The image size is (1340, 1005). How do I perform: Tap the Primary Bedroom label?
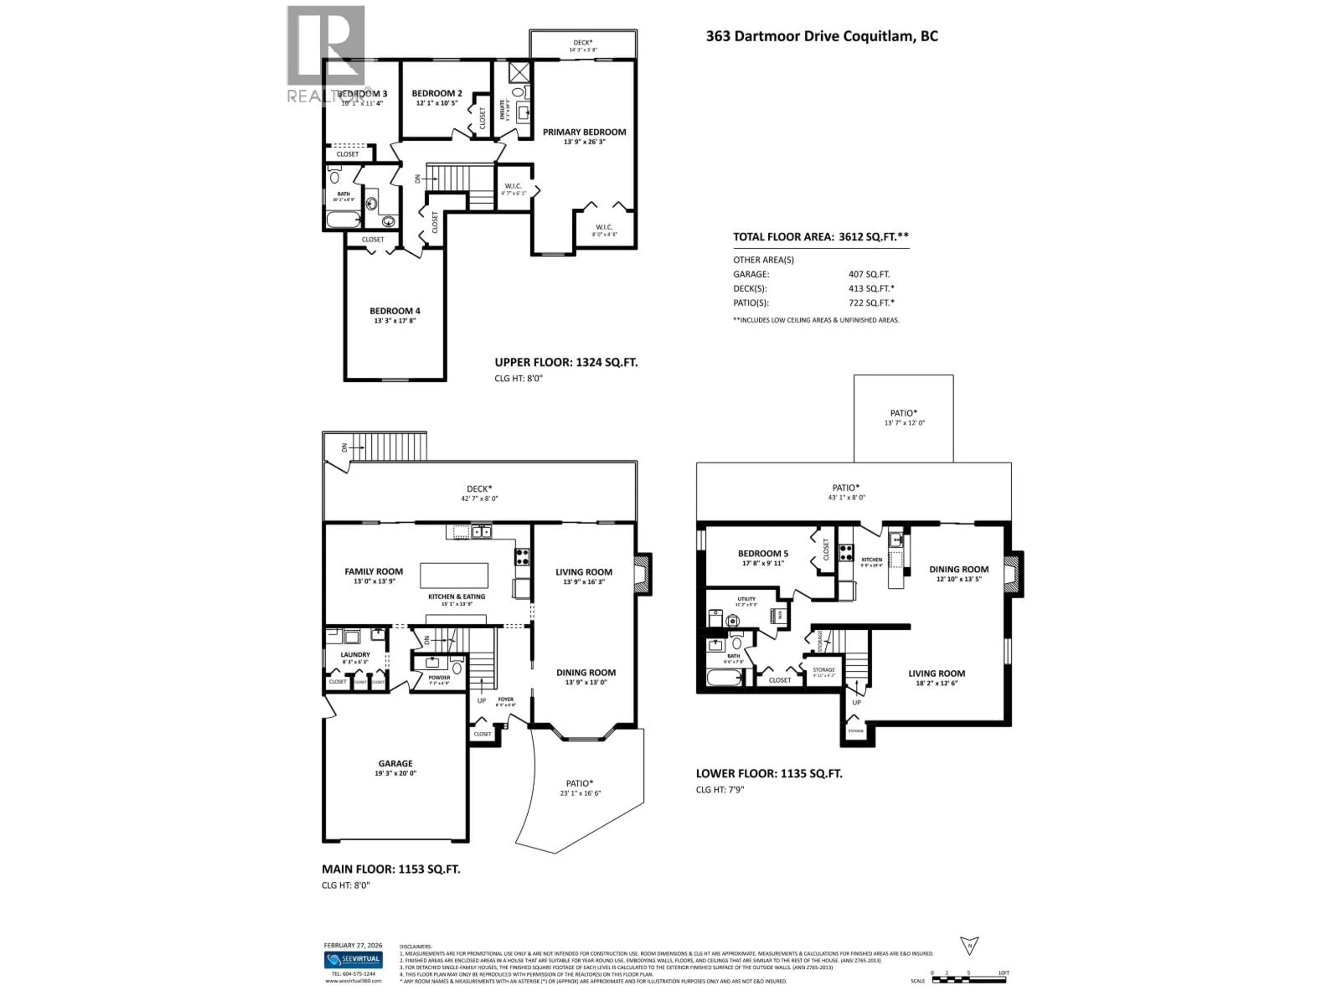click(x=584, y=132)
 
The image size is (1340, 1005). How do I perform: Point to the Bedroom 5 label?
click(x=763, y=553)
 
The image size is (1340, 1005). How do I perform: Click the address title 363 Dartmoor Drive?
click(x=821, y=36)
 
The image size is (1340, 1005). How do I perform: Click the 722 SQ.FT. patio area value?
click(x=871, y=303)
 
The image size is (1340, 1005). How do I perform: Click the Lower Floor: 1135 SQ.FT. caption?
click(x=768, y=774)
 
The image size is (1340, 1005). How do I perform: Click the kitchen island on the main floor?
click(x=454, y=575)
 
